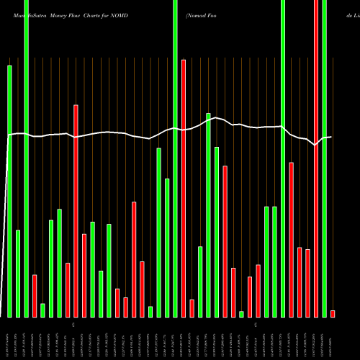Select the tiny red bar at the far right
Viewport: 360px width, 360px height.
[333, 313]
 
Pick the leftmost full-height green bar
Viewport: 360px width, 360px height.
[26, 158]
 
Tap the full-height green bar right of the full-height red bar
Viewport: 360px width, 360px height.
[325, 158]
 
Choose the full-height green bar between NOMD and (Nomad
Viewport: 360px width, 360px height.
[175, 158]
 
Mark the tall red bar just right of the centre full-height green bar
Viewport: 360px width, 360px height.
[184, 188]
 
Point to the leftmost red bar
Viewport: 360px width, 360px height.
[35, 296]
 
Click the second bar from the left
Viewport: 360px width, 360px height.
[18, 274]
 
